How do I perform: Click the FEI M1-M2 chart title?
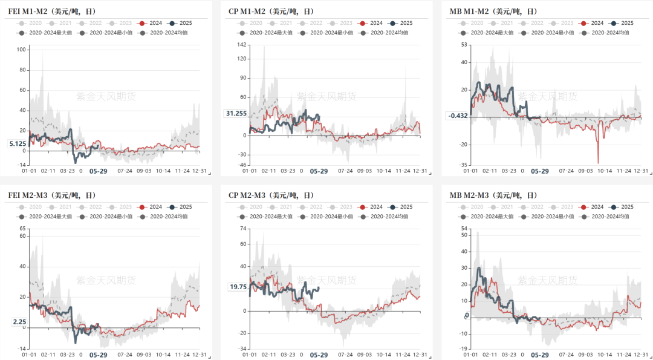pyautogui.click(x=51, y=11)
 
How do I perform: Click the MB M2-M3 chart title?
pyautogui.click(x=493, y=195)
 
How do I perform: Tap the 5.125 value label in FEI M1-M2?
pyautogui.click(x=18, y=143)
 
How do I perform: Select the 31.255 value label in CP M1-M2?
pyautogui.click(x=236, y=113)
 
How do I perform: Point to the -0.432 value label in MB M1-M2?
pyautogui.click(x=458, y=116)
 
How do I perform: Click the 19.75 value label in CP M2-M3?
pyautogui.click(x=238, y=287)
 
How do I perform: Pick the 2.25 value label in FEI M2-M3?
pyautogui.click(x=19, y=322)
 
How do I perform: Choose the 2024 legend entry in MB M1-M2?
pyautogui.click(x=592, y=22)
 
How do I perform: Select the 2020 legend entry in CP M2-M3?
pyautogui.click(x=251, y=206)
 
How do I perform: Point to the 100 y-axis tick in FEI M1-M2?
pyautogui.click(x=21, y=49)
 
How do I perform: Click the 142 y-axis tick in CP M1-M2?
pyautogui.click(x=242, y=44)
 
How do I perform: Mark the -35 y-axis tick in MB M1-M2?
pyautogui.click(x=464, y=165)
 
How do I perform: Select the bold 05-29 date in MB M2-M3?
pyautogui.click(x=540, y=355)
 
